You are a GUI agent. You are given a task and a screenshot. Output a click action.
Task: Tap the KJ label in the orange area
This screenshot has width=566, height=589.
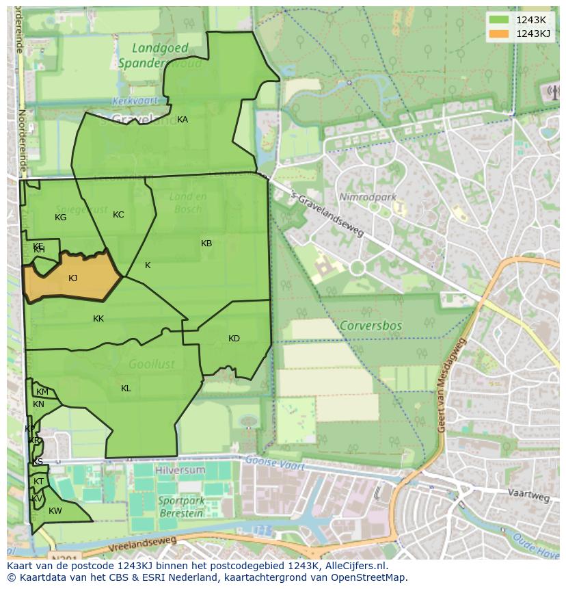coord(73,278)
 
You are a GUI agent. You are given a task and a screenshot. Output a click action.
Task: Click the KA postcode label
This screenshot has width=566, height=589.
coord(183,120)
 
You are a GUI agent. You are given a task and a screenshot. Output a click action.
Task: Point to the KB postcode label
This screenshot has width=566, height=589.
coord(206,244)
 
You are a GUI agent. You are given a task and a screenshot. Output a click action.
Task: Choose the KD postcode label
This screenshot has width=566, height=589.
coord(234,339)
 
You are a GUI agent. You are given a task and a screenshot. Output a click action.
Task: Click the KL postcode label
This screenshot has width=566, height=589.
coord(126,389)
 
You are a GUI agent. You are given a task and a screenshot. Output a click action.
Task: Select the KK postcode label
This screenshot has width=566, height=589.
coord(98,319)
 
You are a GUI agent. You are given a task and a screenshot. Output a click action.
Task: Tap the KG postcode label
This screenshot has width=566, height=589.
coord(61,218)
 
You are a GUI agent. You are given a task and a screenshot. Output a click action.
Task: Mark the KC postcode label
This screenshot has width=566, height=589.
coord(118,215)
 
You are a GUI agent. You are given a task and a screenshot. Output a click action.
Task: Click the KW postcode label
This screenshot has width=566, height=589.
coord(55,511)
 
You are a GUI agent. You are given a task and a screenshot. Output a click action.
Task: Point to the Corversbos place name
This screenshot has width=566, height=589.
coord(370,326)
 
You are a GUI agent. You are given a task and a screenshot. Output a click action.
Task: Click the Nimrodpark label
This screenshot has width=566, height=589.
coord(368,197)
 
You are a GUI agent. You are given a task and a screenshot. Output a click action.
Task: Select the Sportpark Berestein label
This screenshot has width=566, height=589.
coord(180,506)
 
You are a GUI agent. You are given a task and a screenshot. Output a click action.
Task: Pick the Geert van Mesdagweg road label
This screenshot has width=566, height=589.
coord(450,386)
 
